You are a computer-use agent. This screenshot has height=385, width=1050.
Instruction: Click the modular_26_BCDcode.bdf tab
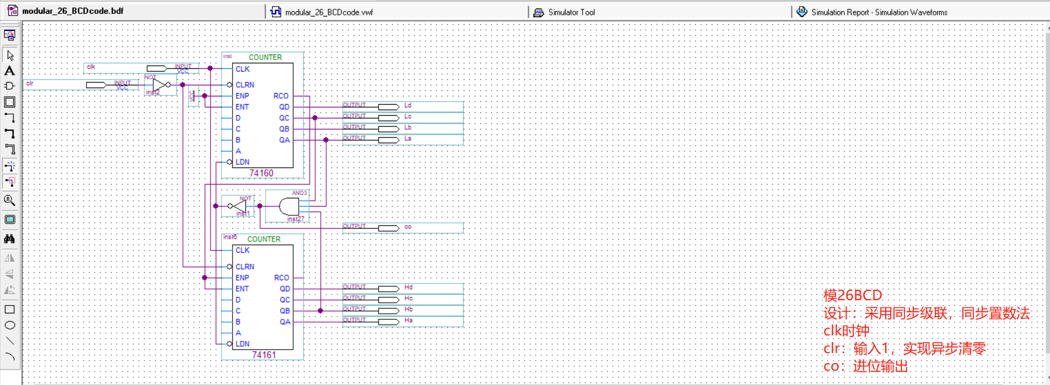72,11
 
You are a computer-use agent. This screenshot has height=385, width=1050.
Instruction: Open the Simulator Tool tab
571,12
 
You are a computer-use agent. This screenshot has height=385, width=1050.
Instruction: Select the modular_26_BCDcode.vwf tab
329,12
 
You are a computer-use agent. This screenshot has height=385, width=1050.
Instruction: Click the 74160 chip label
261,173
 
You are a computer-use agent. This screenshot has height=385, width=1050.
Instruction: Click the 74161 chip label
263,355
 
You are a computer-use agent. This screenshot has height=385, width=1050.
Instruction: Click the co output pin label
408,227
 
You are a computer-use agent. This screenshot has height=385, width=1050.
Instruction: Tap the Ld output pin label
408,105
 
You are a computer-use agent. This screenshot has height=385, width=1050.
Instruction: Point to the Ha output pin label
408,320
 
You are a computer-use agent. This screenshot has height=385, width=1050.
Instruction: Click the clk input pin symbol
157,68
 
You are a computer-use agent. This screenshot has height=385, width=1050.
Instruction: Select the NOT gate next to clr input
160,85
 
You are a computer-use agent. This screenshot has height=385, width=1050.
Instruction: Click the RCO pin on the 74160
281,96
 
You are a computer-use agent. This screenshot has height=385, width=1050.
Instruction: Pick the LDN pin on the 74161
243,344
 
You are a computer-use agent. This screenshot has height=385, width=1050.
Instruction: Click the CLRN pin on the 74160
245,85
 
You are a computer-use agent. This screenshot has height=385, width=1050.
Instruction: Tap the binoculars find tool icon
9,238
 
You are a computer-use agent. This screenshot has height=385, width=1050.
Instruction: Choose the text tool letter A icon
9,71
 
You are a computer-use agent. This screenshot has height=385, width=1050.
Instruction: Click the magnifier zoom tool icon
9,200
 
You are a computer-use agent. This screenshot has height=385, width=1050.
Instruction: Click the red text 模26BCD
852,295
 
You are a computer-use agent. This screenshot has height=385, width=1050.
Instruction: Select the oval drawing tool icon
9,325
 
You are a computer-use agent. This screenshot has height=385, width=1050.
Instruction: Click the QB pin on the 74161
284,311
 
